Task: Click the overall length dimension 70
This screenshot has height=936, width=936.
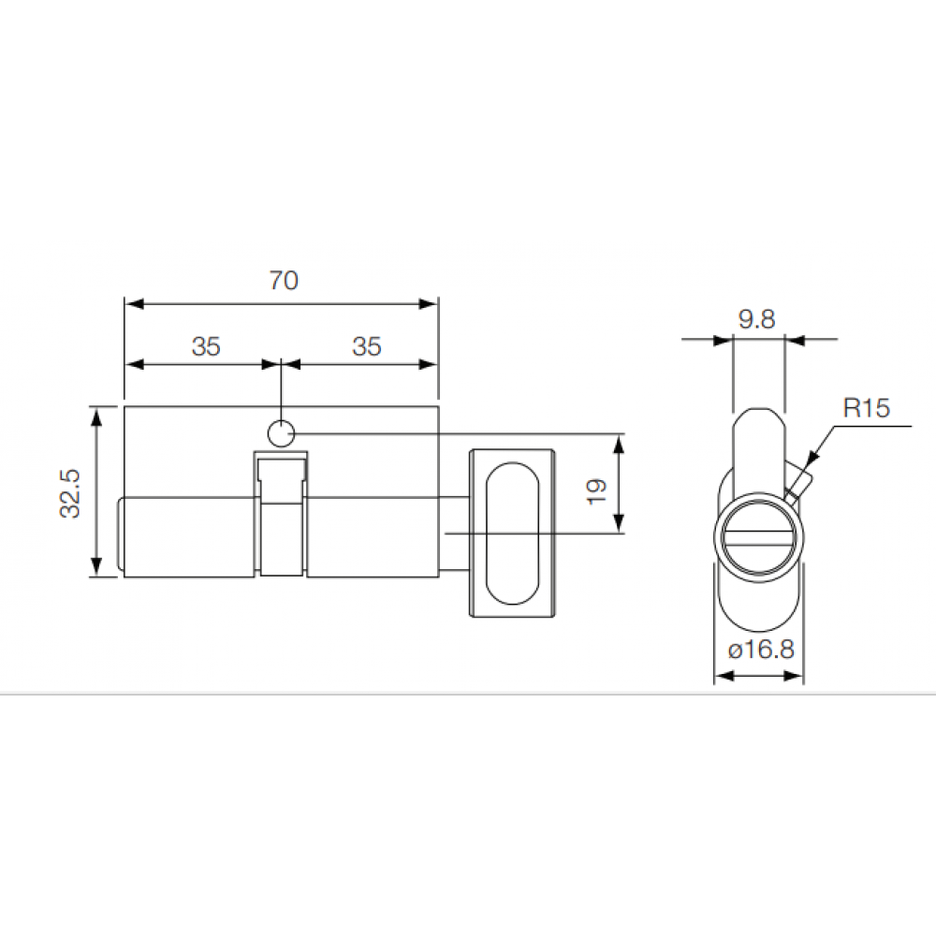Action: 283,281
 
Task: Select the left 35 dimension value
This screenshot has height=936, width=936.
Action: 206,346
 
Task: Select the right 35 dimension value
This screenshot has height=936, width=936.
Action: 367,346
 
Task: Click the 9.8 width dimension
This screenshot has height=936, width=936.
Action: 756,319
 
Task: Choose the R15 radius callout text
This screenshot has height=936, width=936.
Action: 867,408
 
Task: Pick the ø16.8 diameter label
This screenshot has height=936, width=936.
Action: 759,649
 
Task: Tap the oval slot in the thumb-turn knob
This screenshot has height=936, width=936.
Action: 512,534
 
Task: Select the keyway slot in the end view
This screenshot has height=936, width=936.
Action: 758,537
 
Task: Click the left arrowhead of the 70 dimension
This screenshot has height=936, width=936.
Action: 132,303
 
